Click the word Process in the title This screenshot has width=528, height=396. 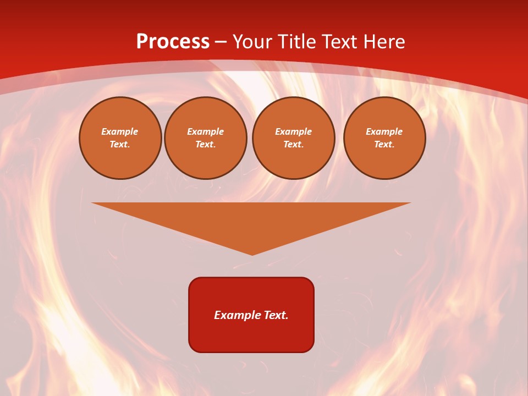point(173,42)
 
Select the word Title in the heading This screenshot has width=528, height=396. point(297,42)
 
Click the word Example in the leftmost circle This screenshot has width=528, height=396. point(120,131)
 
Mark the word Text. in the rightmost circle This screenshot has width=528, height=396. point(384,145)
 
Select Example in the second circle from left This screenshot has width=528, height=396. point(206,131)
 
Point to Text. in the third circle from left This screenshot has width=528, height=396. point(294,145)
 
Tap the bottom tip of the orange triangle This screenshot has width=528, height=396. point(252,254)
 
